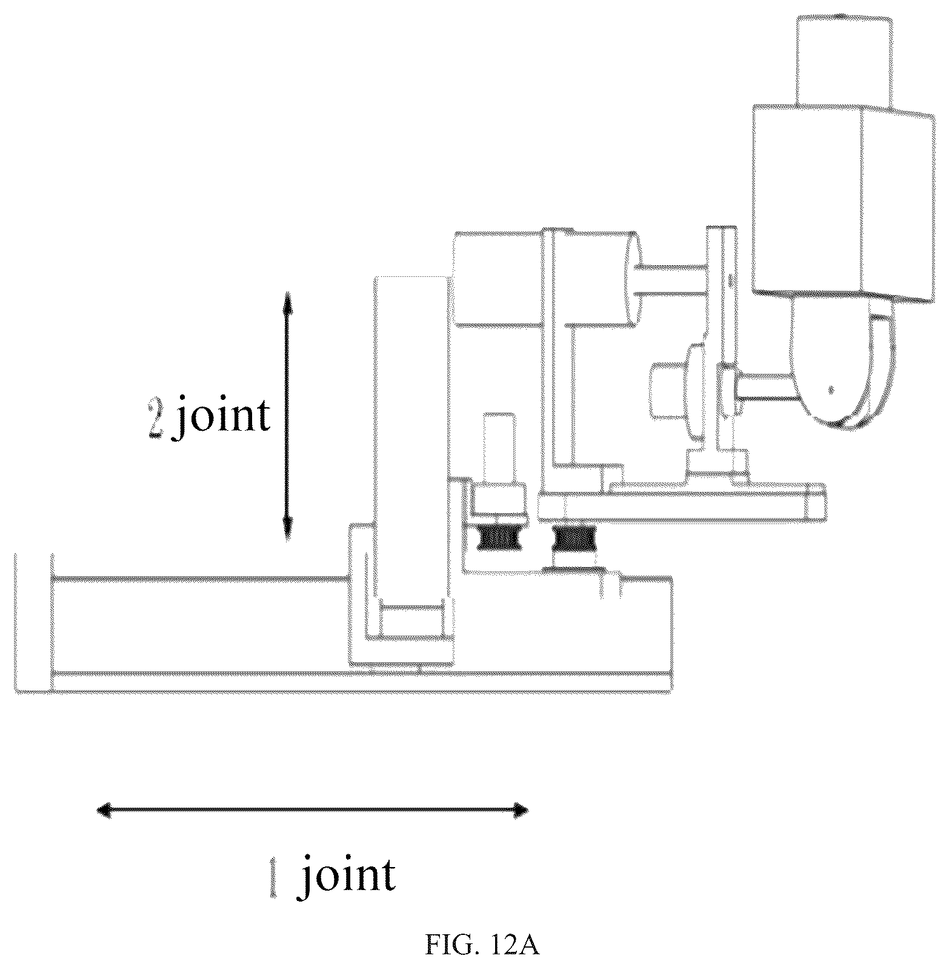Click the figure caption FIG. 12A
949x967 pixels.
[x=482, y=945]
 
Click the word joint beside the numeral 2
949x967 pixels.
[x=221, y=416]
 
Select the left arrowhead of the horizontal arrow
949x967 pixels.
[x=106, y=810]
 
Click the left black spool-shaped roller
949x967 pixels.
[x=500, y=538]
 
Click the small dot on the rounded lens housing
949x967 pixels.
[x=831, y=390]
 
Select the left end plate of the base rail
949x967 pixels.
[x=33, y=622]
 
